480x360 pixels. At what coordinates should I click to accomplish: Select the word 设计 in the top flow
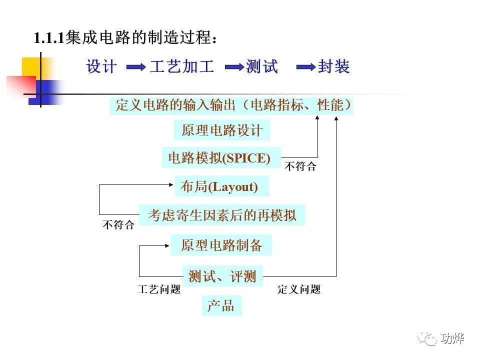click(101, 67)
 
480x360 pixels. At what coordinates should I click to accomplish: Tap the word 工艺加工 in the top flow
click(181, 67)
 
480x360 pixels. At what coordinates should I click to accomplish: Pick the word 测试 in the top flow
click(261, 67)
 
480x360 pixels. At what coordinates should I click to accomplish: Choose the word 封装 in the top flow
click(333, 67)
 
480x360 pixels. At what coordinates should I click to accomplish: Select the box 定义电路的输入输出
click(231, 105)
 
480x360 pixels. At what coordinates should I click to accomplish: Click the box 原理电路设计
click(221, 130)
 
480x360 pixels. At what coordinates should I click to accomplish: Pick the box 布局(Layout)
click(221, 186)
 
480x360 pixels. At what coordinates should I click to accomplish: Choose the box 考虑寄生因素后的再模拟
click(221, 215)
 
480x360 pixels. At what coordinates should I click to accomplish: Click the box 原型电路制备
click(221, 245)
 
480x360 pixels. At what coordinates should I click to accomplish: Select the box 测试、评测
click(222, 275)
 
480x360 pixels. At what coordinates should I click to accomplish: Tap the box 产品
click(221, 305)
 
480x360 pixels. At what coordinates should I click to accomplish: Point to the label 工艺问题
click(158, 289)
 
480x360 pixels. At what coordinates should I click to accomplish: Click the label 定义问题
click(299, 289)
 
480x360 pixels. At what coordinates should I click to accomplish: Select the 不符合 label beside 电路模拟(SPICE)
click(300, 167)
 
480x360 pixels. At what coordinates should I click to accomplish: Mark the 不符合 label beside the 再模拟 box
click(118, 225)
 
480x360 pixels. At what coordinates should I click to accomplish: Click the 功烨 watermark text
click(453, 339)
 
